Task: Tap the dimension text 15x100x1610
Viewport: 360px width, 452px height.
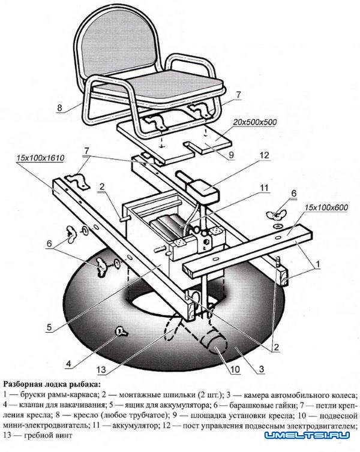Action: [41, 158]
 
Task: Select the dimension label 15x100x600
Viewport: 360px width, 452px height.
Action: [325, 207]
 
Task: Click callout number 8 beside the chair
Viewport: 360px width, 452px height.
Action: [60, 108]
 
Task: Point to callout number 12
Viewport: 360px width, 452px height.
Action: [264, 155]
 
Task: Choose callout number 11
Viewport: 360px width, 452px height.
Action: [264, 188]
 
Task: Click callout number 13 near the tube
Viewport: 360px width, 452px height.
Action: [101, 369]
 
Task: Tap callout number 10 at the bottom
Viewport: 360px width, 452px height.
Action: [235, 369]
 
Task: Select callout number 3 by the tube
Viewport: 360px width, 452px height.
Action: [262, 369]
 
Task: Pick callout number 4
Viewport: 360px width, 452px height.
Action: [68, 364]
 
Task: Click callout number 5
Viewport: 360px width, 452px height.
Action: [49, 327]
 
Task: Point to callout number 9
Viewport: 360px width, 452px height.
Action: [231, 155]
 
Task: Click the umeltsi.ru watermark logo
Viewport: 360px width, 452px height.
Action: [307, 435]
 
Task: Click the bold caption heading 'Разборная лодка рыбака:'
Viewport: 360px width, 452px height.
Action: [52, 384]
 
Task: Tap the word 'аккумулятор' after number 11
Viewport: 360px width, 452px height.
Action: [135, 426]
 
